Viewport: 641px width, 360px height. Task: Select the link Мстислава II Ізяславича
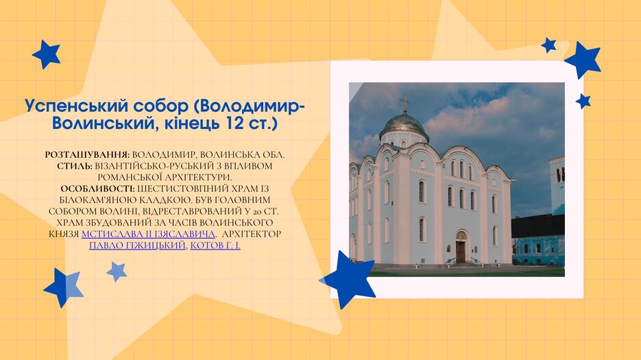(x=148, y=234)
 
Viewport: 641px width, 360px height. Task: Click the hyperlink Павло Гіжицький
(x=137, y=245)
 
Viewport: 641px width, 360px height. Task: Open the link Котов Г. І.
(x=215, y=245)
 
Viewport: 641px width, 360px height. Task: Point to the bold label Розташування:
(x=88, y=155)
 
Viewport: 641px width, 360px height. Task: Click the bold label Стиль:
(x=75, y=166)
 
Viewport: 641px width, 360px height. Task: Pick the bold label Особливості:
(x=98, y=189)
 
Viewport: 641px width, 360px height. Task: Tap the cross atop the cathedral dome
(x=404, y=103)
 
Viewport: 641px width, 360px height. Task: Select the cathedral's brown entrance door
(x=461, y=251)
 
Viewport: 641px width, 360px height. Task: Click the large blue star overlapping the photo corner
(x=348, y=279)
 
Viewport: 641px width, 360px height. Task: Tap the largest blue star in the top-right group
(x=583, y=60)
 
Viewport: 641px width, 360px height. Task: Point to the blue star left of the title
(x=46, y=54)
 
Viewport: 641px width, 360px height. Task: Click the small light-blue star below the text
(x=117, y=272)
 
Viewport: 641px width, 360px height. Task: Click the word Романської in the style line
(x=130, y=178)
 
